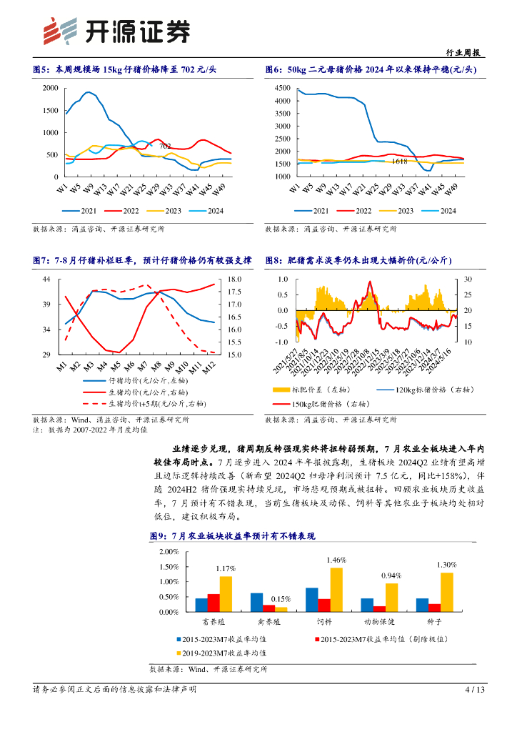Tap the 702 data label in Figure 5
164,146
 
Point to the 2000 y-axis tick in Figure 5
50,88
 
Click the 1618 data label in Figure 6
400,162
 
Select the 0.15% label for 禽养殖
281,598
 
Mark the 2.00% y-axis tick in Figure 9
169,552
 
